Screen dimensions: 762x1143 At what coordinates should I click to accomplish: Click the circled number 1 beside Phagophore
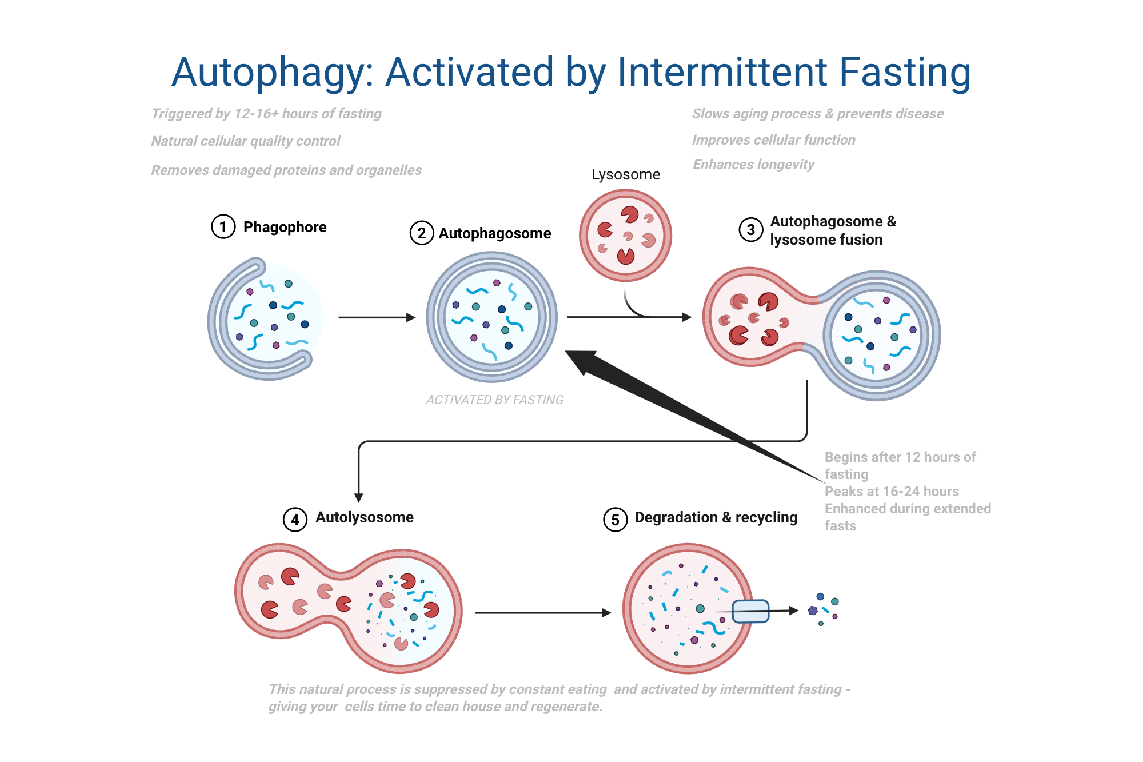pyautogui.click(x=223, y=227)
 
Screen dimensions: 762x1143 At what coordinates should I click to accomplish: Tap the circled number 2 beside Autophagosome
pyautogui.click(x=422, y=233)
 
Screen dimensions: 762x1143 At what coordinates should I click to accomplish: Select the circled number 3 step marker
pyautogui.click(x=751, y=230)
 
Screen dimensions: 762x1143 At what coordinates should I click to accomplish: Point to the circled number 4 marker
pyautogui.click(x=295, y=520)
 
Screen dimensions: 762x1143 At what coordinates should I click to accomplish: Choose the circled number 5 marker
pyautogui.click(x=616, y=520)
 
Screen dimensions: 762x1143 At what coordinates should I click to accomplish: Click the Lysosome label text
pyautogui.click(x=625, y=174)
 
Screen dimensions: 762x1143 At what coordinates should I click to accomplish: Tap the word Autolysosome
pyautogui.click(x=365, y=517)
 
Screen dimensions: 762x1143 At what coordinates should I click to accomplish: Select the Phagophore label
pyautogui.click(x=285, y=227)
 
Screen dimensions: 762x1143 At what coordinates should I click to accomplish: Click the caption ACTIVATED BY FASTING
pyautogui.click(x=494, y=400)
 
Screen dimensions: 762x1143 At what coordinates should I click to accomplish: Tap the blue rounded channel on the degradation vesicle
pyautogui.click(x=750, y=611)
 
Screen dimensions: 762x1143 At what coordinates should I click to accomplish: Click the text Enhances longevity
pyautogui.click(x=753, y=165)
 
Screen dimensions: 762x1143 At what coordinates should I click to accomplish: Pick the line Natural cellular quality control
pyautogui.click(x=246, y=141)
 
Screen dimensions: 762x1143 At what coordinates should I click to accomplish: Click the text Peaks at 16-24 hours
pyautogui.click(x=892, y=492)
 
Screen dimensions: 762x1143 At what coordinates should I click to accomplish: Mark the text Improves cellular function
pyautogui.click(x=773, y=140)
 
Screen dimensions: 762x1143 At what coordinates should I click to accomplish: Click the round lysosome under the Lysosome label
pyautogui.click(x=625, y=236)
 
